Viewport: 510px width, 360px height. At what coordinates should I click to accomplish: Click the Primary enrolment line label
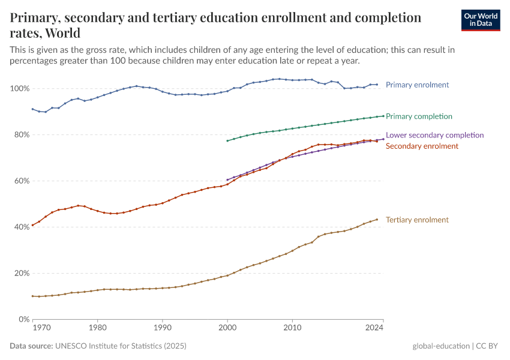[x=417, y=85]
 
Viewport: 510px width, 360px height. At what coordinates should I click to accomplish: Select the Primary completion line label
[x=419, y=116]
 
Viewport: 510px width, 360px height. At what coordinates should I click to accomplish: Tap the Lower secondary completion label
[x=434, y=135]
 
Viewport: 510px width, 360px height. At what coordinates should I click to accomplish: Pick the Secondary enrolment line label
[x=422, y=146]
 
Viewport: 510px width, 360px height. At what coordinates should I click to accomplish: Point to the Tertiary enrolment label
[x=417, y=220]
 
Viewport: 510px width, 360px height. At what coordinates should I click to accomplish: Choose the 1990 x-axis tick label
[x=162, y=328]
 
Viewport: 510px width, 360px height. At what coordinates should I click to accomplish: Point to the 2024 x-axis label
[x=374, y=328]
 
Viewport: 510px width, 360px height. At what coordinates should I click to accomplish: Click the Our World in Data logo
[x=480, y=20]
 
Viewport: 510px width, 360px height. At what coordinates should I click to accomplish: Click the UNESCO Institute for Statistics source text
[x=120, y=346]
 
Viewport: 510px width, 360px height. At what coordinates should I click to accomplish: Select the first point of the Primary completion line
[x=227, y=141]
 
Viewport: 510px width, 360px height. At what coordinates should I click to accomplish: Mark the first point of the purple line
[x=227, y=179]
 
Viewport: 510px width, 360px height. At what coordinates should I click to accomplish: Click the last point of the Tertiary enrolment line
[x=377, y=220]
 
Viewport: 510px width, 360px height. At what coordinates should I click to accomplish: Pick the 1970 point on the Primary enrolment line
[x=39, y=111]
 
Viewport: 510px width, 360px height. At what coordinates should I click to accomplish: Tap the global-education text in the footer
[x=440, y=346]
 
